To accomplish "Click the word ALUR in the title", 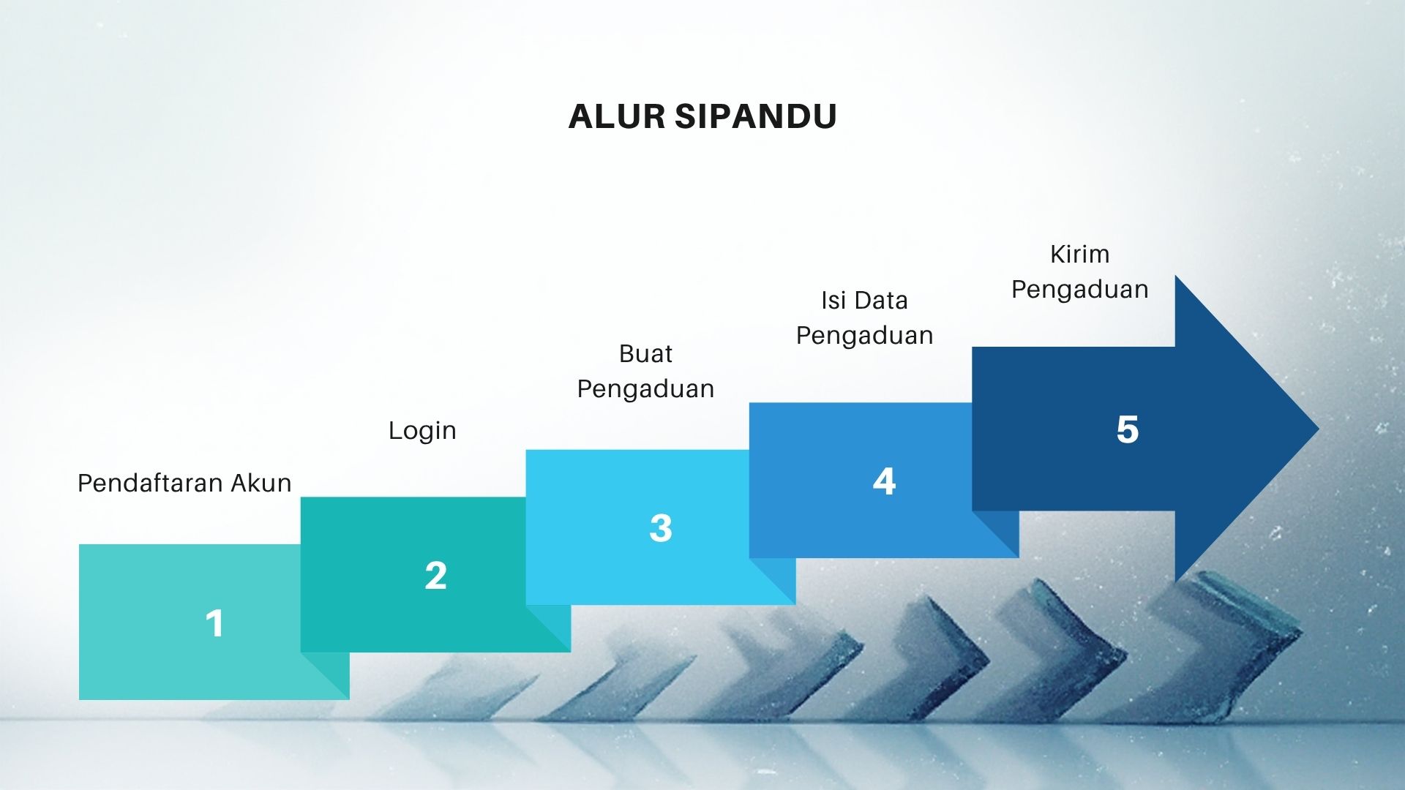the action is pyautogui.click(x=616, y=116).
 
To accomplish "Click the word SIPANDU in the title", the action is pyautogui.click(x=756, y=116).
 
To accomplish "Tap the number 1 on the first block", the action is pyautogui.click(x=214, y=623).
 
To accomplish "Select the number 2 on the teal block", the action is pyautogui.click(x=435, y=576).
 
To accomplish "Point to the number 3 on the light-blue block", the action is pyautogui.click(x=660, y=528).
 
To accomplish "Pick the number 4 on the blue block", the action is pyautogui.click(x=884, y=481).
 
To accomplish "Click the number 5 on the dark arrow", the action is pyautogui.click(x=1128, y=429).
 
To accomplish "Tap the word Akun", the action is pyautogui.click(x=261, y=483).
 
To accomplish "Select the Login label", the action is pyautogui.click(x=422, y=431).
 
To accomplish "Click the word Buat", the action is pyautogui.click(x=645, y=354).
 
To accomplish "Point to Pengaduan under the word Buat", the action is pyautogui.click(x=645, y=389).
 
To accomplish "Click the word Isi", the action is pyautogui.click(x=833, y=300).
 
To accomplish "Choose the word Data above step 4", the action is pyautogui.click(x=880, y=300).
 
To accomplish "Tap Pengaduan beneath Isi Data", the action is pyautogui.click(x=864, y=336).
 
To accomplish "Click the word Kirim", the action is pyautogui.click(x=1079, y=254).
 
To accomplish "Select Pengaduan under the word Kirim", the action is pyautogui.click(x=1079, y=290).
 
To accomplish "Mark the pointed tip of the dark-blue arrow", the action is pyautogui.click(x=1319, y=429).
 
